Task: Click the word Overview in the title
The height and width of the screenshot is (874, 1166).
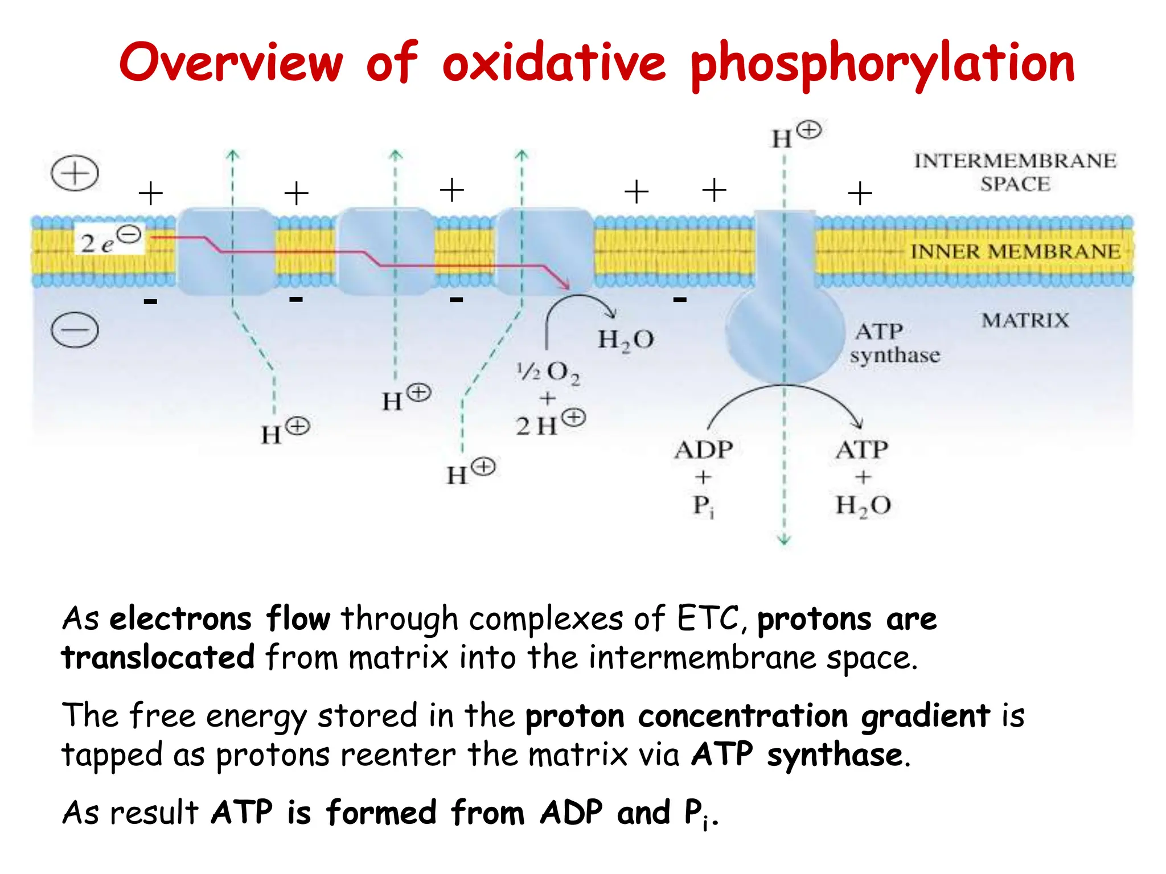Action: [231, 63]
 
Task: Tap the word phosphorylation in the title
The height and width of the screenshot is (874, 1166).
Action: [882, 64]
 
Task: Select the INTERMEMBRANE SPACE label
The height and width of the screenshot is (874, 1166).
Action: [1015, 172]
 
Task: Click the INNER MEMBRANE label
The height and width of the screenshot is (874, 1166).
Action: [1015, 251]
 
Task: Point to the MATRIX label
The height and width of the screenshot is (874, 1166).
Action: [1025, 320]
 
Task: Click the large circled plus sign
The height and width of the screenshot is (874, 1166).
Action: [75, 173]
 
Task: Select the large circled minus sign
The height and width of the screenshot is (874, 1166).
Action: [75, 330]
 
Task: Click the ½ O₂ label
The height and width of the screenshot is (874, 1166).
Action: [548, 373]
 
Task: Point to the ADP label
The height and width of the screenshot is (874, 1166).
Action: [703, 450]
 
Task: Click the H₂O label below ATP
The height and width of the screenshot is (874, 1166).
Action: [863, 505]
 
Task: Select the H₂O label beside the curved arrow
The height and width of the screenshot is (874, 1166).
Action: [625, 340]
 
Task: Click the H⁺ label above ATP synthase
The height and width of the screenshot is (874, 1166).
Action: [795, 135]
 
